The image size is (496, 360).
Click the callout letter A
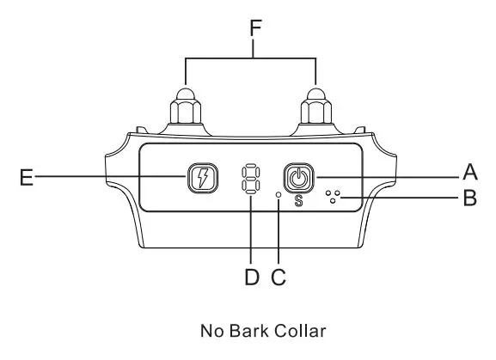(470, 172)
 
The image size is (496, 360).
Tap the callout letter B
(469, 198)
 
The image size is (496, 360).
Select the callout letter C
(279, 277)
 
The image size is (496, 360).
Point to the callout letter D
(252, 277)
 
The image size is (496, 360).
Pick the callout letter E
(27, 177)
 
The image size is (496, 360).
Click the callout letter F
(255, 27)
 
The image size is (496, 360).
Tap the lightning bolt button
(203, 178)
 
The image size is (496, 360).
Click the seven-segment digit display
(250, 178)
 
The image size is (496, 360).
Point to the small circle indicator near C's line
(279, 195)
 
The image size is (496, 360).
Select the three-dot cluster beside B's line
(333, 197)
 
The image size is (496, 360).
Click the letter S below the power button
(298, 201)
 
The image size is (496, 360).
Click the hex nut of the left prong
(186, 112)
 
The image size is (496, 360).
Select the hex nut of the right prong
(316, 112)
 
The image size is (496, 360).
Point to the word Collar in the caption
(300, 331)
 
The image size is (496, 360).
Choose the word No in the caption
(212, 331)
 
